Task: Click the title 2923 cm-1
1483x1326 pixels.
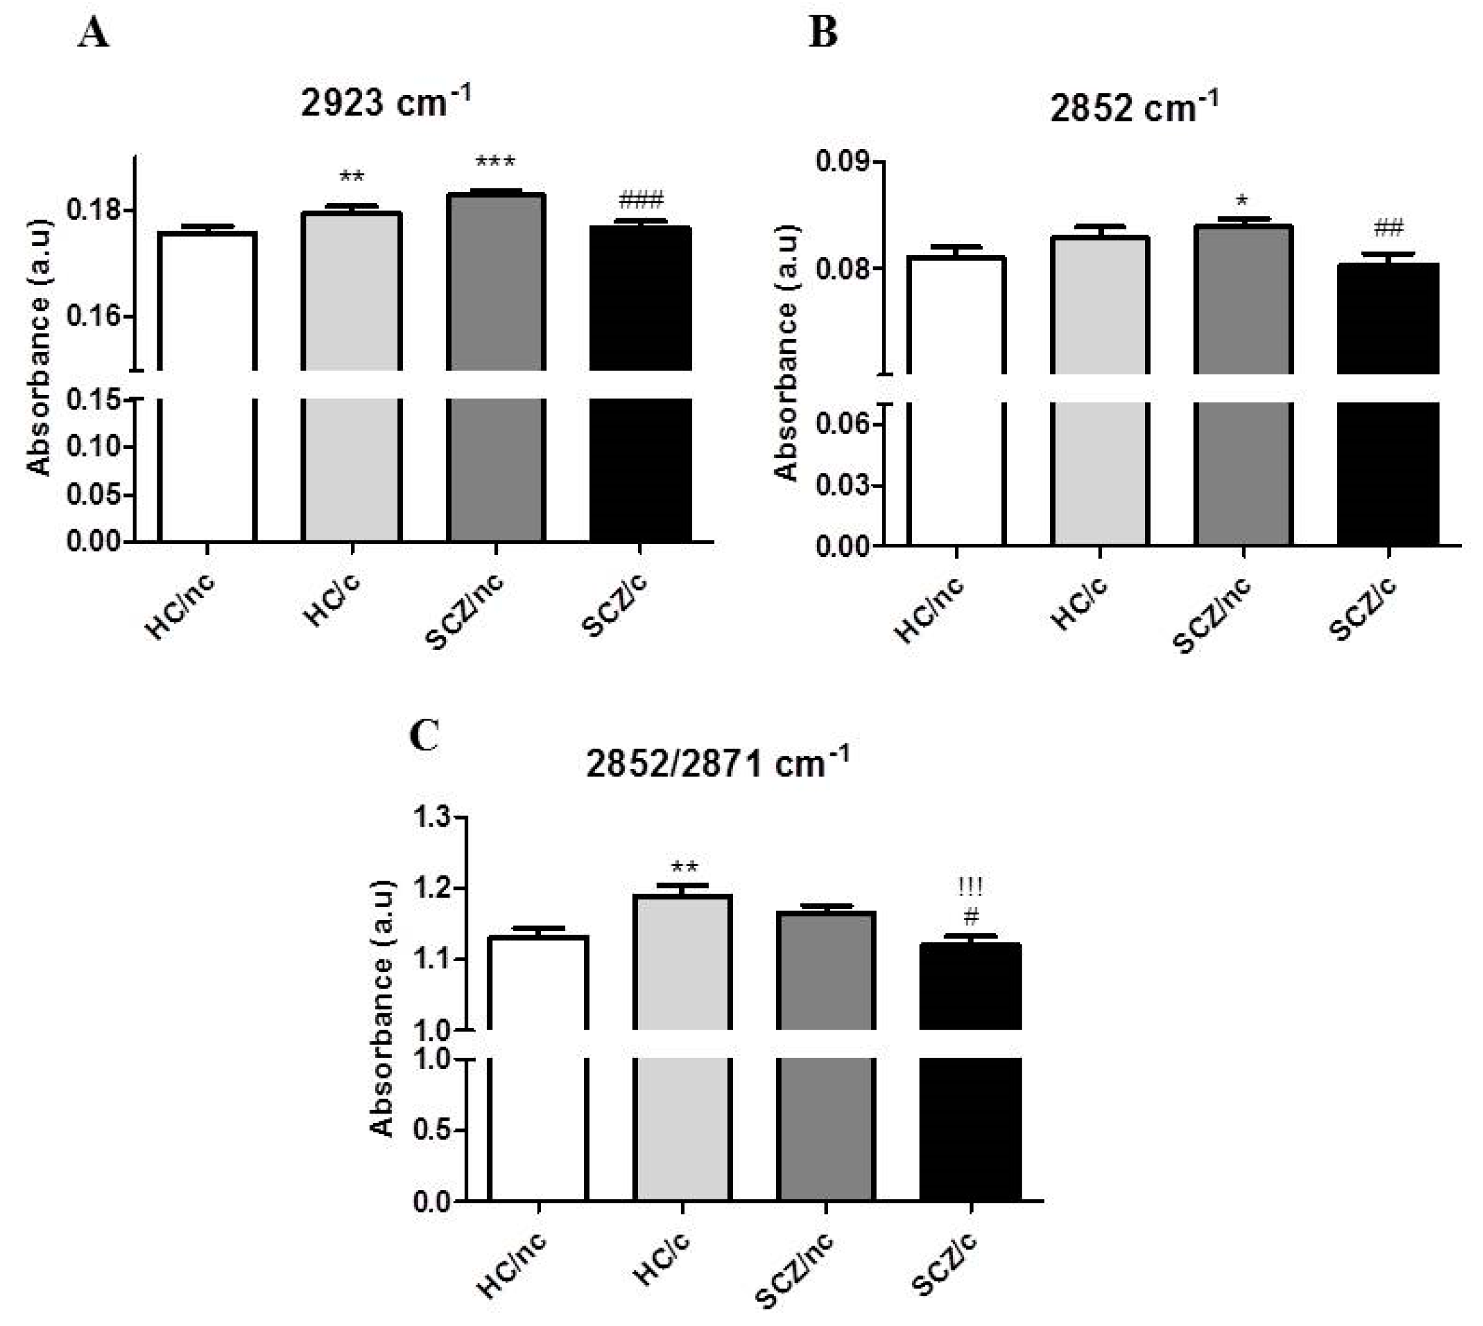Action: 386,102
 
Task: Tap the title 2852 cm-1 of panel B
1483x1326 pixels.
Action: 1133,108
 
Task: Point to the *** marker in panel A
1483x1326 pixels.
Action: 495,163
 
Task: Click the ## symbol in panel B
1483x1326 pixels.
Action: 1389,229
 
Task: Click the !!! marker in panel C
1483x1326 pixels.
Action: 971,887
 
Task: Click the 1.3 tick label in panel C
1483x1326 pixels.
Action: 433,817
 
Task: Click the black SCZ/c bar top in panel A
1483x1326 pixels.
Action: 641,229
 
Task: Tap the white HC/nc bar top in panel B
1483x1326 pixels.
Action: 956,259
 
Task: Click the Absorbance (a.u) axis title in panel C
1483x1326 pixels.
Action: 382,1009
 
